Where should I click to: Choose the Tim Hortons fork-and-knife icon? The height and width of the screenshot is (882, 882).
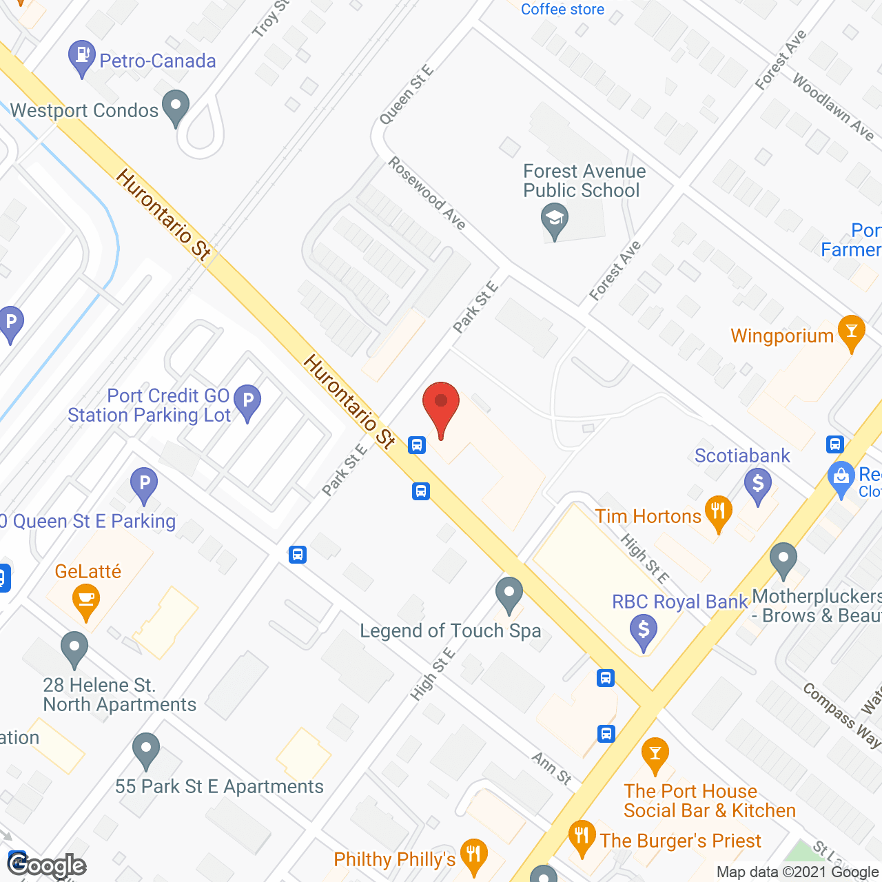pyautogui.click(x=718, y=512)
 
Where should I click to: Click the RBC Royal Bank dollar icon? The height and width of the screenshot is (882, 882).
pyautogui.click(x=644, y=629)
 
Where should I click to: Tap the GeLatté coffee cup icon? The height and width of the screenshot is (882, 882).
pyautogui.click(x=85, y=599)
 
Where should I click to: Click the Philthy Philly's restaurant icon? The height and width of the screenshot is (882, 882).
pyautogui.click(x=473, y=855)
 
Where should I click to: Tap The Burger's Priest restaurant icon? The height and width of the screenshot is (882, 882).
pyautogui.click(x=583, y=836)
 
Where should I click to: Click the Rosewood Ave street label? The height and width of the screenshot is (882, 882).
pyautogui.click(x=427, y=193)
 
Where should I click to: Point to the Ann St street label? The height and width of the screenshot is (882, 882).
pyautogui.click(x=552, y=768)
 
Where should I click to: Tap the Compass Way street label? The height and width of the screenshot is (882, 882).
pyautogui.click(x=841, y=716)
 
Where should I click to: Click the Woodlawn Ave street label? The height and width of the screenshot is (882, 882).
pyautogui.click(x=833, y=107)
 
